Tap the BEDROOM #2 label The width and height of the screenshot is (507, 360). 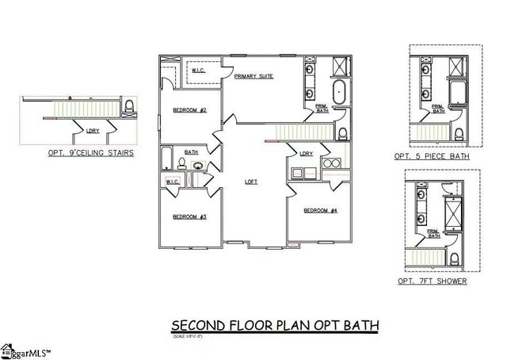[190, 110]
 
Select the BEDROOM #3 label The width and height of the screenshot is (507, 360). [190, 216]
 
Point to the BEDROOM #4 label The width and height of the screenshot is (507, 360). [320, 210]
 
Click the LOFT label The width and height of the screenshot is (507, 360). [251, 182]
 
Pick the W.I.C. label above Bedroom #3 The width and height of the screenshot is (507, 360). [173, 182]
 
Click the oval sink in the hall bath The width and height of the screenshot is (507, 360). [196, 166]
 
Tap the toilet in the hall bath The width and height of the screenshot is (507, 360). [181, 165]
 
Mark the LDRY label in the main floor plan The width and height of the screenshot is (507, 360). [307, 153]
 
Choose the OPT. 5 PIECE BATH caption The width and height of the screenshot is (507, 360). [432, 157]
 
